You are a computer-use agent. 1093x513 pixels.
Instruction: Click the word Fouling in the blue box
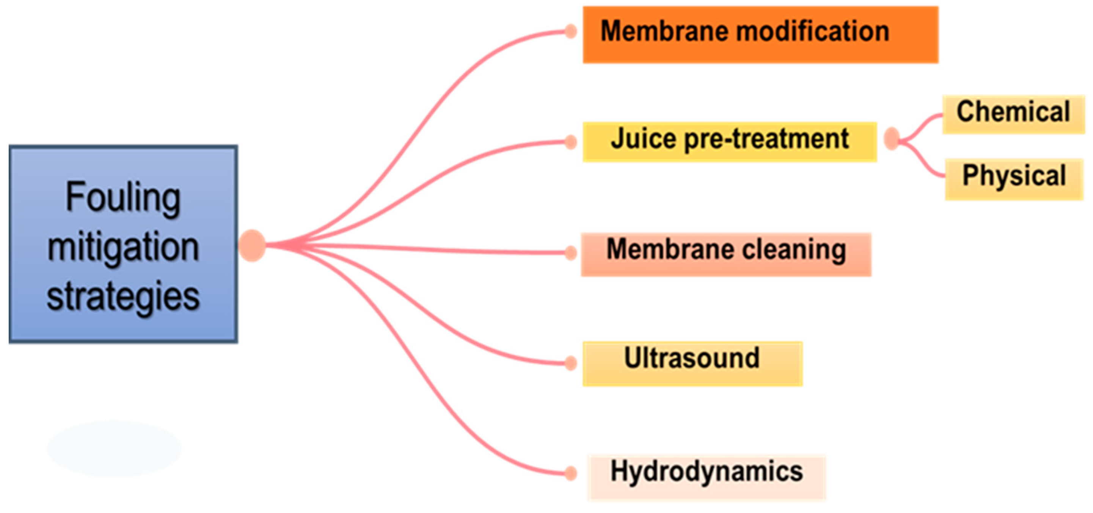123,198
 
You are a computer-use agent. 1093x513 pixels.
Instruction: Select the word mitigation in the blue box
123,247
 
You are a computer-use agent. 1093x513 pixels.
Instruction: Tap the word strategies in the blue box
123,296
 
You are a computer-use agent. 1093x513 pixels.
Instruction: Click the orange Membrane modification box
760,35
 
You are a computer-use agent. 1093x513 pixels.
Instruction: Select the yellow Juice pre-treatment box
729,142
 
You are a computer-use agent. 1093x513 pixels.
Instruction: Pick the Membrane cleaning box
726,254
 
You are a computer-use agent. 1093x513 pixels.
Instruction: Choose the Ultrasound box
692,364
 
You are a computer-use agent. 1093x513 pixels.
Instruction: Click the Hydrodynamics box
707,477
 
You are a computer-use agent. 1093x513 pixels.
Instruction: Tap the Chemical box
1013,115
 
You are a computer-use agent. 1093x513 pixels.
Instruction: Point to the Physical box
1014,179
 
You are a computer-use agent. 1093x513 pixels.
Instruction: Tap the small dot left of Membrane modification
571,31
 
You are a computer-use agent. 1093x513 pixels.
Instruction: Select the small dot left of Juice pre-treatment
571,142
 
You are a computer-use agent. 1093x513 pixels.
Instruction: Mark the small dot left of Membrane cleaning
571,253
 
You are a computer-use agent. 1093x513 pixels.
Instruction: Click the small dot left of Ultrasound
571,363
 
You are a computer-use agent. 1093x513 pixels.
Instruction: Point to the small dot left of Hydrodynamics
571,473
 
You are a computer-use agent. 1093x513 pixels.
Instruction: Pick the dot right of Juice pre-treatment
892,138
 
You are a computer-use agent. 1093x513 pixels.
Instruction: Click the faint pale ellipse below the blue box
114,449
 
